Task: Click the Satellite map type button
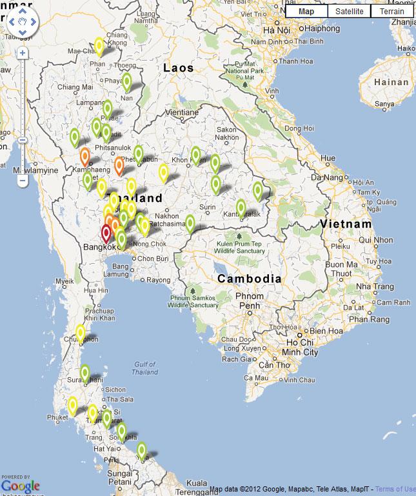(x=349, y=11)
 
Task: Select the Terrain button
(x=392, y=11)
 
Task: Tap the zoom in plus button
(x=23, y=53)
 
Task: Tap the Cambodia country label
(x=250, y=279)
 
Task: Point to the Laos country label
(x=178, y=68)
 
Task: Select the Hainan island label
(x=391, y=83)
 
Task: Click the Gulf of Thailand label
(x=144, y=368)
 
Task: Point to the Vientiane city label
(x=181, y=112)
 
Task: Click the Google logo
(x=21, y=486)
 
